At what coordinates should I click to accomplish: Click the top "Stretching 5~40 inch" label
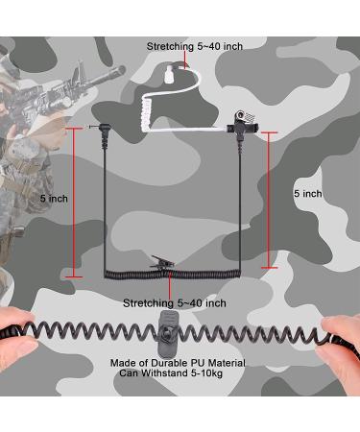tap(195, 46)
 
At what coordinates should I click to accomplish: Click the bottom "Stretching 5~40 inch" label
tap(175, 303)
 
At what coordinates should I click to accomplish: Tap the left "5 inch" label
tap(54, 199)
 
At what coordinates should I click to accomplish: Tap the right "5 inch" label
tap(308, 194)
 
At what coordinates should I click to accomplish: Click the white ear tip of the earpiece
tap(169, 74)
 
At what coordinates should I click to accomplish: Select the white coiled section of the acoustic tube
tap(147, 114)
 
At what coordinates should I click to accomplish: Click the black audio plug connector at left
tap(102, 135)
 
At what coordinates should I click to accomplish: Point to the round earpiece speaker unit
tap(240, 115)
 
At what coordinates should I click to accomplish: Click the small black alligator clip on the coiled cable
tap(162, 262)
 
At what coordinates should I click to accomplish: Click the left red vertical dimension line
tap(74, 203)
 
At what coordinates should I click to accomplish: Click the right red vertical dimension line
tap(269, 200)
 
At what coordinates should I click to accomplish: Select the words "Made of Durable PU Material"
tap(178, 363)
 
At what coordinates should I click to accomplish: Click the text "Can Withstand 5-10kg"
tap(171, 373)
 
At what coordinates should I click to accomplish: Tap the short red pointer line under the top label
tap(185, 60)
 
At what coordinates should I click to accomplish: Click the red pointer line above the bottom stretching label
tap(169, 285)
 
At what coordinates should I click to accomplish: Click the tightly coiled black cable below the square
tap(173, 275)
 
